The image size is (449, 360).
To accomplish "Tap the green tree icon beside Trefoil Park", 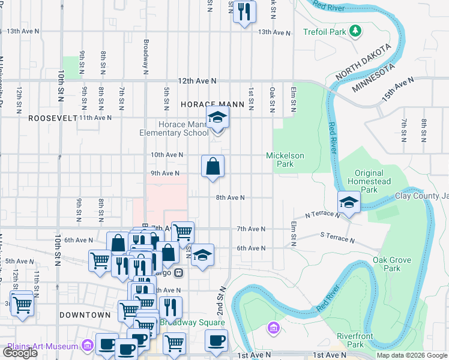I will pyautogui.click(x=355, y=30).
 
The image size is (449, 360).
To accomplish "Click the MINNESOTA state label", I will pyautogui.click(x=374, y=78).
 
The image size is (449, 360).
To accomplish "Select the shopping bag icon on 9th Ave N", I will pyautogui.click(x=212, y=166).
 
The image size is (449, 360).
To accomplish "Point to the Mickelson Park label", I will pyautogui.click(x=285, y=160).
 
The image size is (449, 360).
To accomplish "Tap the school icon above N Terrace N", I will pyautogui.click(x=348, y=203).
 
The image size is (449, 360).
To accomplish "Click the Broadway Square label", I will pyautogui.click(x=192, y=323).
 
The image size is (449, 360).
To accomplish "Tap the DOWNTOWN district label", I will pyautogui.click(x=85, y=315).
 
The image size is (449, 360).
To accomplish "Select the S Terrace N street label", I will pyautogui.click(x=337, y=239).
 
